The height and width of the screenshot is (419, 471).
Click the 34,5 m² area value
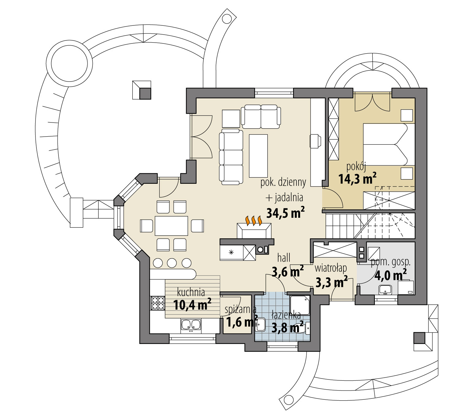(285, 213)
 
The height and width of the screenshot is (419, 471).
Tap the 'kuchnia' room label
(191, 292)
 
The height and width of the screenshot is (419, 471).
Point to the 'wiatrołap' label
(331, 268)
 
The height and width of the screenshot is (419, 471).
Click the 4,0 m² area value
(390, 275)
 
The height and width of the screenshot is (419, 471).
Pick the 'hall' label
(284, 258)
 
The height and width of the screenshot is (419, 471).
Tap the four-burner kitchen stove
(157, 303)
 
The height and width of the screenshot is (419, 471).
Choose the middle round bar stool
(172, 263)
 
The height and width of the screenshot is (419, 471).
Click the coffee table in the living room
(258, 156)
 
